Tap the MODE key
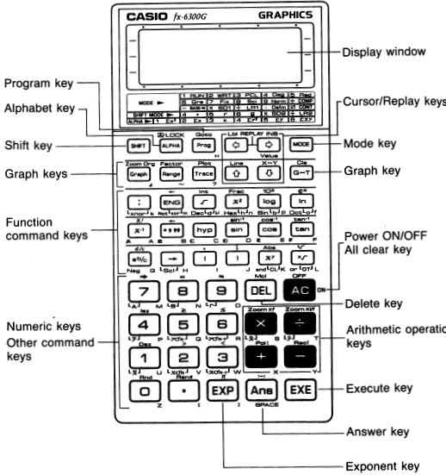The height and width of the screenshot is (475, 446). (x=300, y=144)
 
